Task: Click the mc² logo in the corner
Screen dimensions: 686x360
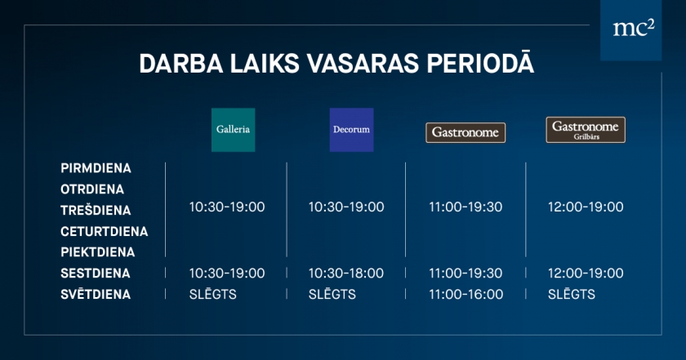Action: (630, 29)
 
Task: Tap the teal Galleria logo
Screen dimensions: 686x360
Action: (234, 130)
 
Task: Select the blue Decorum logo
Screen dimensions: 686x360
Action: (352, 130)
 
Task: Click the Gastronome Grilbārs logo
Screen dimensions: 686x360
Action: (586, 130)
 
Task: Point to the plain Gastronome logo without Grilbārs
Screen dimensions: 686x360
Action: (465, 132)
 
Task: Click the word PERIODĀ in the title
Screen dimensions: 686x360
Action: (480, 64)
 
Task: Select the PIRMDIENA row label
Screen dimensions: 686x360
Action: (96, 168)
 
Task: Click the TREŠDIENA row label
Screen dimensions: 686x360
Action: (96, 211)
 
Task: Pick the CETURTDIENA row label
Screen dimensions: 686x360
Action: (105, 231)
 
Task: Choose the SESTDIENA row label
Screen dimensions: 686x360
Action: (96, 273)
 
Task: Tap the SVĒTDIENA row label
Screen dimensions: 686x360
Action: (96, 295)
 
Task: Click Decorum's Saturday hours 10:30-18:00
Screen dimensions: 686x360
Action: (346, 273)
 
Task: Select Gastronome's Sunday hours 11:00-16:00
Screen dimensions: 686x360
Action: (466, 295)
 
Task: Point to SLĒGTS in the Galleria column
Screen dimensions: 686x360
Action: (212, 295)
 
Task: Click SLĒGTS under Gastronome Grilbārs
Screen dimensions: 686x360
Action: (572, 295)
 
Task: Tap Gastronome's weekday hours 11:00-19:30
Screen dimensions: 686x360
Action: (465, 207)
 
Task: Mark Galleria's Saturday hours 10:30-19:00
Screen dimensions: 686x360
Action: (227, 273)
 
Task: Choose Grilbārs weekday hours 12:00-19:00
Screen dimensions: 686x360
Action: (586, 207)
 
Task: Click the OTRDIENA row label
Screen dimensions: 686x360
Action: (92, 189)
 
